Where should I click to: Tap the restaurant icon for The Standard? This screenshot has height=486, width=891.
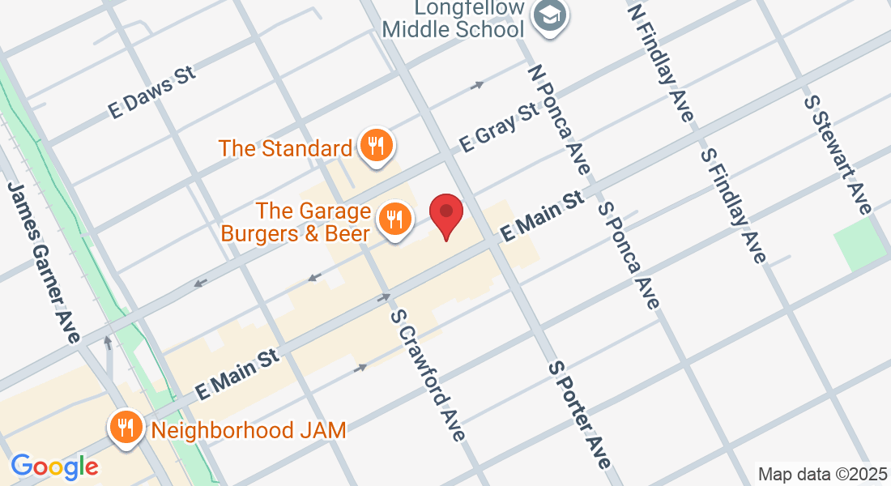click(374, 146)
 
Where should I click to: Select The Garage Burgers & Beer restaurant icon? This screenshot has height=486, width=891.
click(394, 220)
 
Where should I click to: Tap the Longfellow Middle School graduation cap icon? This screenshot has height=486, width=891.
click(551, 15)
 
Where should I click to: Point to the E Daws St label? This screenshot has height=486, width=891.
click(153, 93)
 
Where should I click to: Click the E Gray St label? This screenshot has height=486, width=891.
click(499, 126)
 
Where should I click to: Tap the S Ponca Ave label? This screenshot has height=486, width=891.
click(629, 254)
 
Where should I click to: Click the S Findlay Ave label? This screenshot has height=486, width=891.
click(733, 205)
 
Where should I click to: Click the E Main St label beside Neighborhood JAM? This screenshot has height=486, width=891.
click(237, 373)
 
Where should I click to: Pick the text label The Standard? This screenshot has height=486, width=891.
click(285, 149)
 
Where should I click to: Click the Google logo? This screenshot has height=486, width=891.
click(54, 467)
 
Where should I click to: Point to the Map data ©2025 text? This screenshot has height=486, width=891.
click(821, 473)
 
